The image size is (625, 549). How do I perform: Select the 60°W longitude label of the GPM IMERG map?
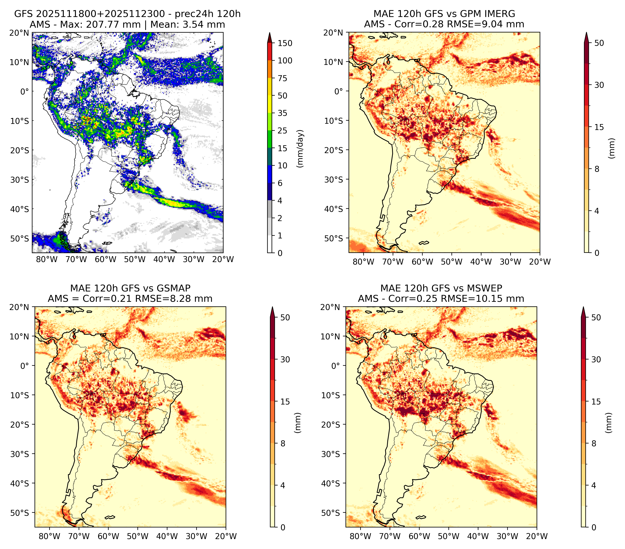point(422,262)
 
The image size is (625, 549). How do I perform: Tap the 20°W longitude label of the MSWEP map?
point(537,536)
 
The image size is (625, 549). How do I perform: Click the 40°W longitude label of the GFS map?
point(164,259)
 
